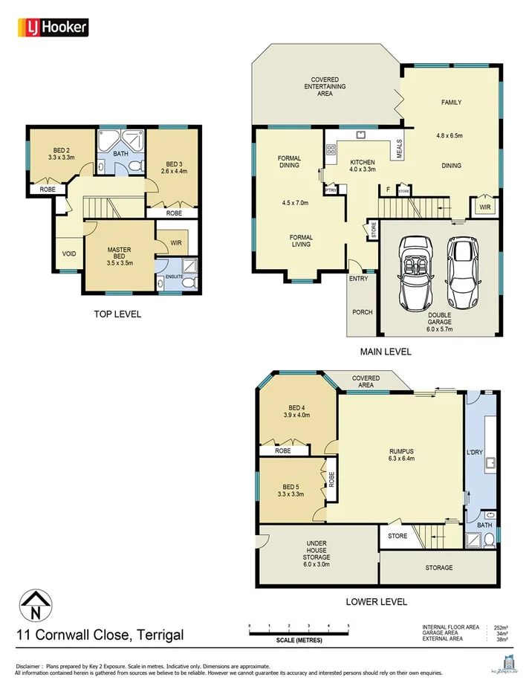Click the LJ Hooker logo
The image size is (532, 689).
(53, 28)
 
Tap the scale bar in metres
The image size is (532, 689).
(299, 633)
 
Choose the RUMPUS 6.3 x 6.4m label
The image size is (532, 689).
(401, 454)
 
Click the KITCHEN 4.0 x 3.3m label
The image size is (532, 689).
(363, 166)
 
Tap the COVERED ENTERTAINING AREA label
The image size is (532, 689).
(325, 86)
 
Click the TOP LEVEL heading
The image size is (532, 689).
(117, 314)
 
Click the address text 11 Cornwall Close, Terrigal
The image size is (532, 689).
(100, 635)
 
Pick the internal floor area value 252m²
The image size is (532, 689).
(510, 627)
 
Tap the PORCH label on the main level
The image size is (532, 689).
(362, 312)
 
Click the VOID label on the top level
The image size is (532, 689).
(69, 254)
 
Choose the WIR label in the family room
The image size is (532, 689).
(484, 207)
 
